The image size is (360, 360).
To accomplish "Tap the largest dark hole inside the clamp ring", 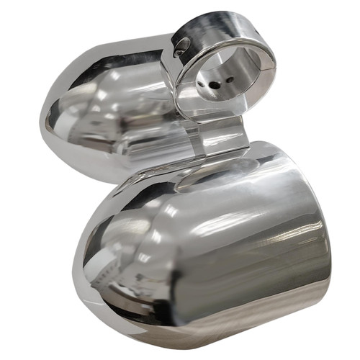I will (x=215, y=84).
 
